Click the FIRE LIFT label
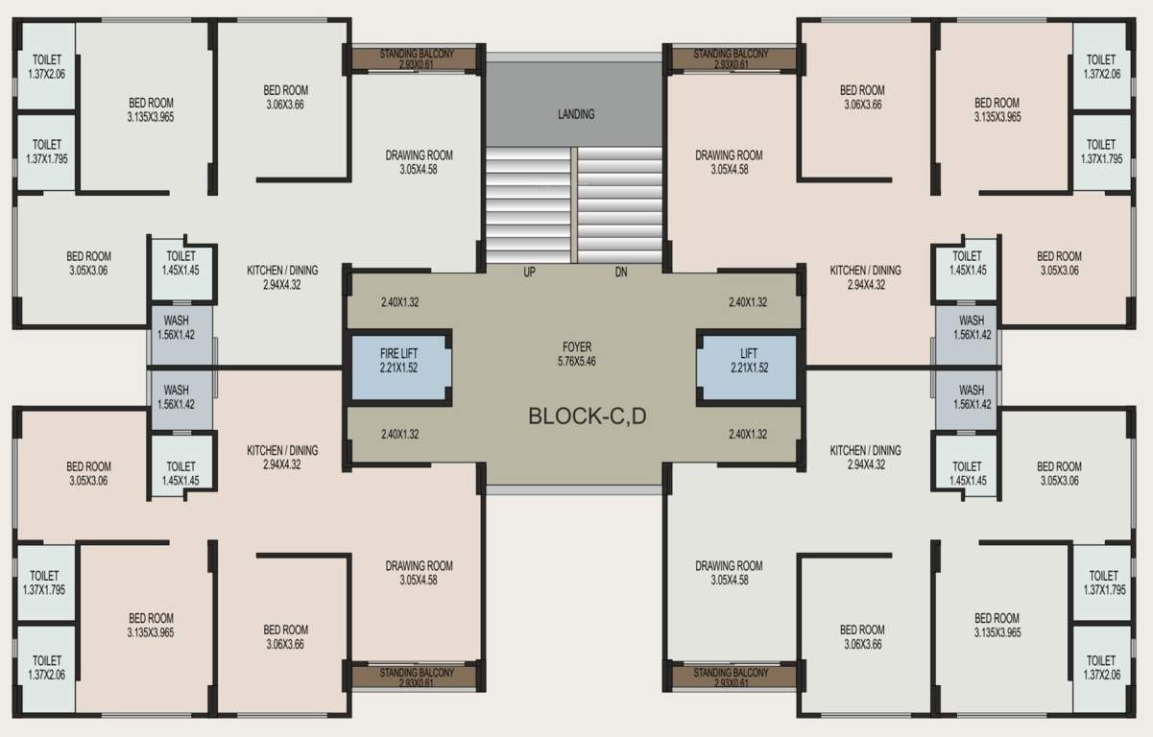click(x=399, y=354)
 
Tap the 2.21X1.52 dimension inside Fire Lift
click(x=399, y=368)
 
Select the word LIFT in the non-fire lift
click(x=749, y=354)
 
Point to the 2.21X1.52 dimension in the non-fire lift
click(x=749, y=368)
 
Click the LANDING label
click(x=576, y=114)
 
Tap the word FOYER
click(x=577, y=347)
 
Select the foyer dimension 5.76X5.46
click(x=577, y=362)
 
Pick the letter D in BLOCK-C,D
click(x=641, y=416)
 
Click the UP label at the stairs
click(x=529, y=273)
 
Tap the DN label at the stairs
click(x=620, y=273)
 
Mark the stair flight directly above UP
click(x=529, y=204)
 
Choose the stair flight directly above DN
click(x=620, y=204)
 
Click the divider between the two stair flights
click(x=574, y=204)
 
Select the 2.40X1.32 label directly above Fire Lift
click(x=399, y=302)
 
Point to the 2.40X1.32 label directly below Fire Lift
click(x=399, y=434)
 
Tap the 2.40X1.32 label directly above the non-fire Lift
click(x=748, y=302)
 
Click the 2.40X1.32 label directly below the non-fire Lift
click(x=748, y=434)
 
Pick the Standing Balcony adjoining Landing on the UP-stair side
click(x=416, y=59)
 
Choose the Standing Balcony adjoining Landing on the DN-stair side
click(x=731, y=59)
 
